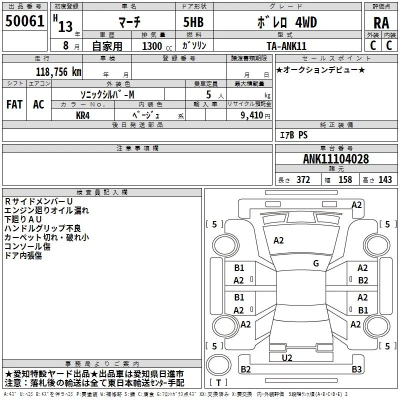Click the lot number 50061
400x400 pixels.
tap(24, 20)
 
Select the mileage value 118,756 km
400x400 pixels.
tap(58, 71)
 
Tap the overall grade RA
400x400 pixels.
tap(381, 23)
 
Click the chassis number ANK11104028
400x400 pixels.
tap(335, 158)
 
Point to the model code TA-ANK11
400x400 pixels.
tap(286, 46)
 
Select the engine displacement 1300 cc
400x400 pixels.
tap(157, 46)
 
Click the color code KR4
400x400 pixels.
tap(82, 115)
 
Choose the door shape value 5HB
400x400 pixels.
tap(193, 22)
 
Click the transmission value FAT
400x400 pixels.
tap(14, 104)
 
